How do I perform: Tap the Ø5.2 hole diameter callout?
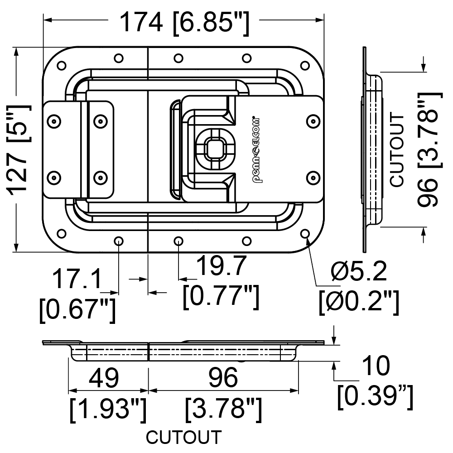tap(358, 271)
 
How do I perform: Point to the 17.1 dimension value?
tap(77, 279)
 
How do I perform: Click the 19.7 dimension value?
tap(222, 266)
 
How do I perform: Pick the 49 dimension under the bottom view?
tap(104, 378)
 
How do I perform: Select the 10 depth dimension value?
tap(376, 366)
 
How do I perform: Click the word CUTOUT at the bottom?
tap(184, 437)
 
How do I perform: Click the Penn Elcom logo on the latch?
tap(256, 150)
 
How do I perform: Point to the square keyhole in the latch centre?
tap(214, 149)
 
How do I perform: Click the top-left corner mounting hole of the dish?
tap(62, 66)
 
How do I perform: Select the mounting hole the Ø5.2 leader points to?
tap(305, 233)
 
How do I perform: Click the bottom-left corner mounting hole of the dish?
tap(62, 233)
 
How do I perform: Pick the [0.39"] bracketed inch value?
tap(375, 397)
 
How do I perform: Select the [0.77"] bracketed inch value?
tap(221, 297)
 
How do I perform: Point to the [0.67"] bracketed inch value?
tap(77, 310)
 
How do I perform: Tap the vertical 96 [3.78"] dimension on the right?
tap(429, 149)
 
